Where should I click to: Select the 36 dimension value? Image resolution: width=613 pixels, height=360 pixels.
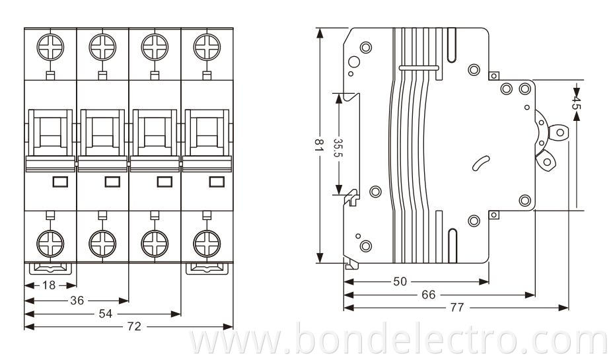77,300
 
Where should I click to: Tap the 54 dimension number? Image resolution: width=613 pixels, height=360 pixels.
104,314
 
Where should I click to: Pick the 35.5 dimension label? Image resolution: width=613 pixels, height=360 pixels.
338,147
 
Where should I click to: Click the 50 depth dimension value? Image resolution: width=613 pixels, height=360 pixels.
400,281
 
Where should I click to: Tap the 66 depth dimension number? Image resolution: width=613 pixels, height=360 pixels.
429,295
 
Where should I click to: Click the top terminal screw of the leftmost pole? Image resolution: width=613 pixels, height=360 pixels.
50,48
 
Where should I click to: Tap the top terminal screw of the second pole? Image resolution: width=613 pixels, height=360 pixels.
102,48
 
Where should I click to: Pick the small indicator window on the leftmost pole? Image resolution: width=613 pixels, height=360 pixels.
60,182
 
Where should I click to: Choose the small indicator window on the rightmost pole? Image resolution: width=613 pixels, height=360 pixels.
217,182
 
